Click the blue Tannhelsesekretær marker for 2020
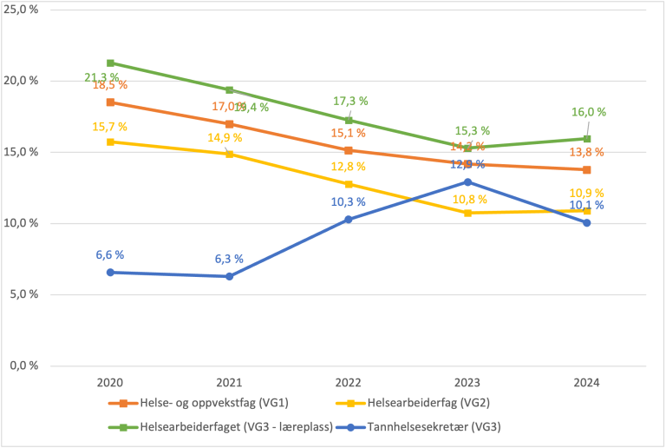(x=110, y=272)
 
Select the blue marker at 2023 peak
(x=467, y=181)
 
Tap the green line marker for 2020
(x=110, y=63)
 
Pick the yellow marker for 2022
(x=349, y=184)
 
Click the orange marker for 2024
(x=586, y=169)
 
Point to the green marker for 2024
(x=586, y=139)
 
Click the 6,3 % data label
(x=229, y=259)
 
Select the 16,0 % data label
(x=588, y=112)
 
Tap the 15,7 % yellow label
(x=110, y=127)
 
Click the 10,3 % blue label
(x=349, y=201)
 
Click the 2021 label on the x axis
(x=229, y=382)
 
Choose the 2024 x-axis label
(x=586, y=382)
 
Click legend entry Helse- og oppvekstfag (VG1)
(x=199, y=403)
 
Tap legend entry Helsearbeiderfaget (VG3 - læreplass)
(x=220, y=425)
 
